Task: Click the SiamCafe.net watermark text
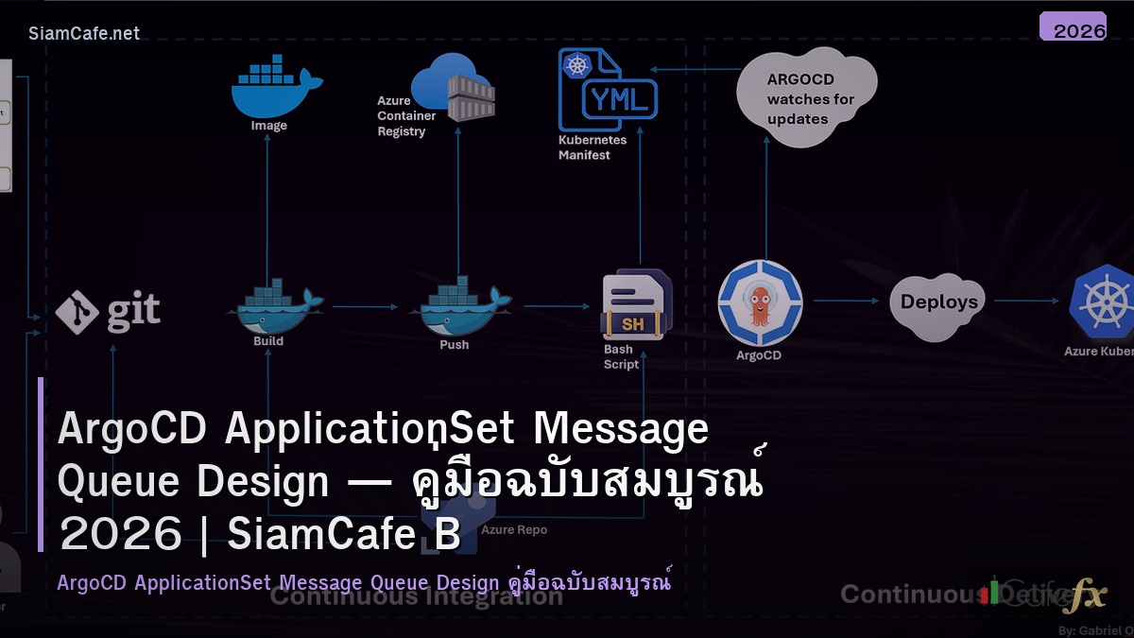point(84,33)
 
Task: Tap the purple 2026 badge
point(1073,27)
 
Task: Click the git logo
point(108,312)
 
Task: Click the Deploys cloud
point(938,303)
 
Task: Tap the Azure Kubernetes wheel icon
point(1102,302)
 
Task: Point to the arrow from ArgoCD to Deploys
point(847,302)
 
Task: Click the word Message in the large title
point(621,428)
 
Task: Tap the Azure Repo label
point(513,529)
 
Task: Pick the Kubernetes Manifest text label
point(592,147)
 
